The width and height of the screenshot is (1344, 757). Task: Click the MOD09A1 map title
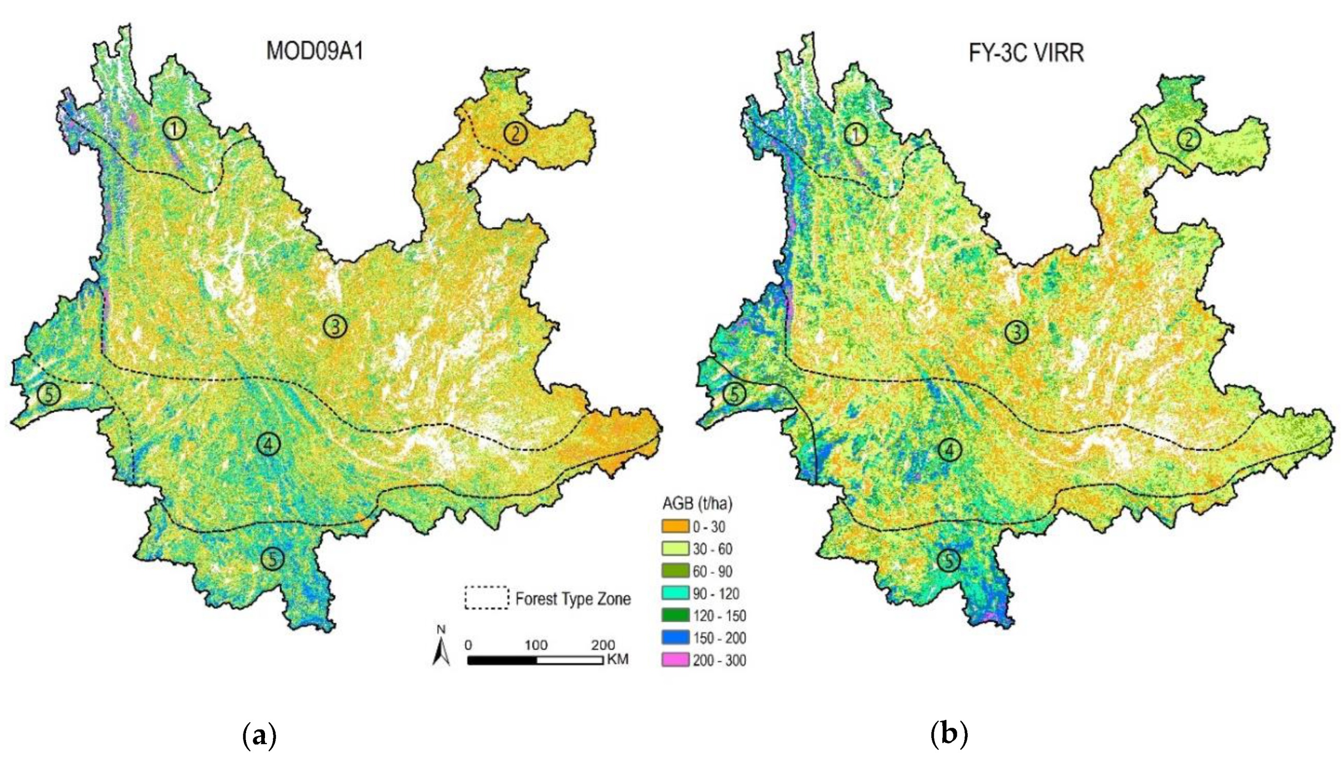(315, 52)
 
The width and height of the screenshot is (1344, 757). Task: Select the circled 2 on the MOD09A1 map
(515, 133)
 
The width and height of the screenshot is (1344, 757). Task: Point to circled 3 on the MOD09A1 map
(335, 326)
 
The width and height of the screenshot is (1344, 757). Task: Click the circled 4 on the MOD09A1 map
(269, 444)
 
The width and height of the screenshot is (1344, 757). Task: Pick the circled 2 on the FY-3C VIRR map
(1188, 139)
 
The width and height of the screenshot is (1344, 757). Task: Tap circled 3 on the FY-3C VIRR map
(1017, 332)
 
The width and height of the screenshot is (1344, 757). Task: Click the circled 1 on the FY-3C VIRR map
(855, 134)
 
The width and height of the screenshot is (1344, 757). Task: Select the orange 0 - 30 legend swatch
(675, 527)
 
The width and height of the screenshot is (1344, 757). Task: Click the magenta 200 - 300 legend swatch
(675, 660)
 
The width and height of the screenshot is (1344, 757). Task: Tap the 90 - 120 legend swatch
(675, 593)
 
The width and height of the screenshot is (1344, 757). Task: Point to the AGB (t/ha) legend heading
(697, 503)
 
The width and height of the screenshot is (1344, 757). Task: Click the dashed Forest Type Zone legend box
(486, 598)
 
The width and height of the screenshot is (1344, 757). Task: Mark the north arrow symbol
(441, 647)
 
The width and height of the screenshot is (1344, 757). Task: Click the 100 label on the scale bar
(536, 645)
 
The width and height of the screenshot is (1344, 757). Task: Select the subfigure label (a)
(259, 736)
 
